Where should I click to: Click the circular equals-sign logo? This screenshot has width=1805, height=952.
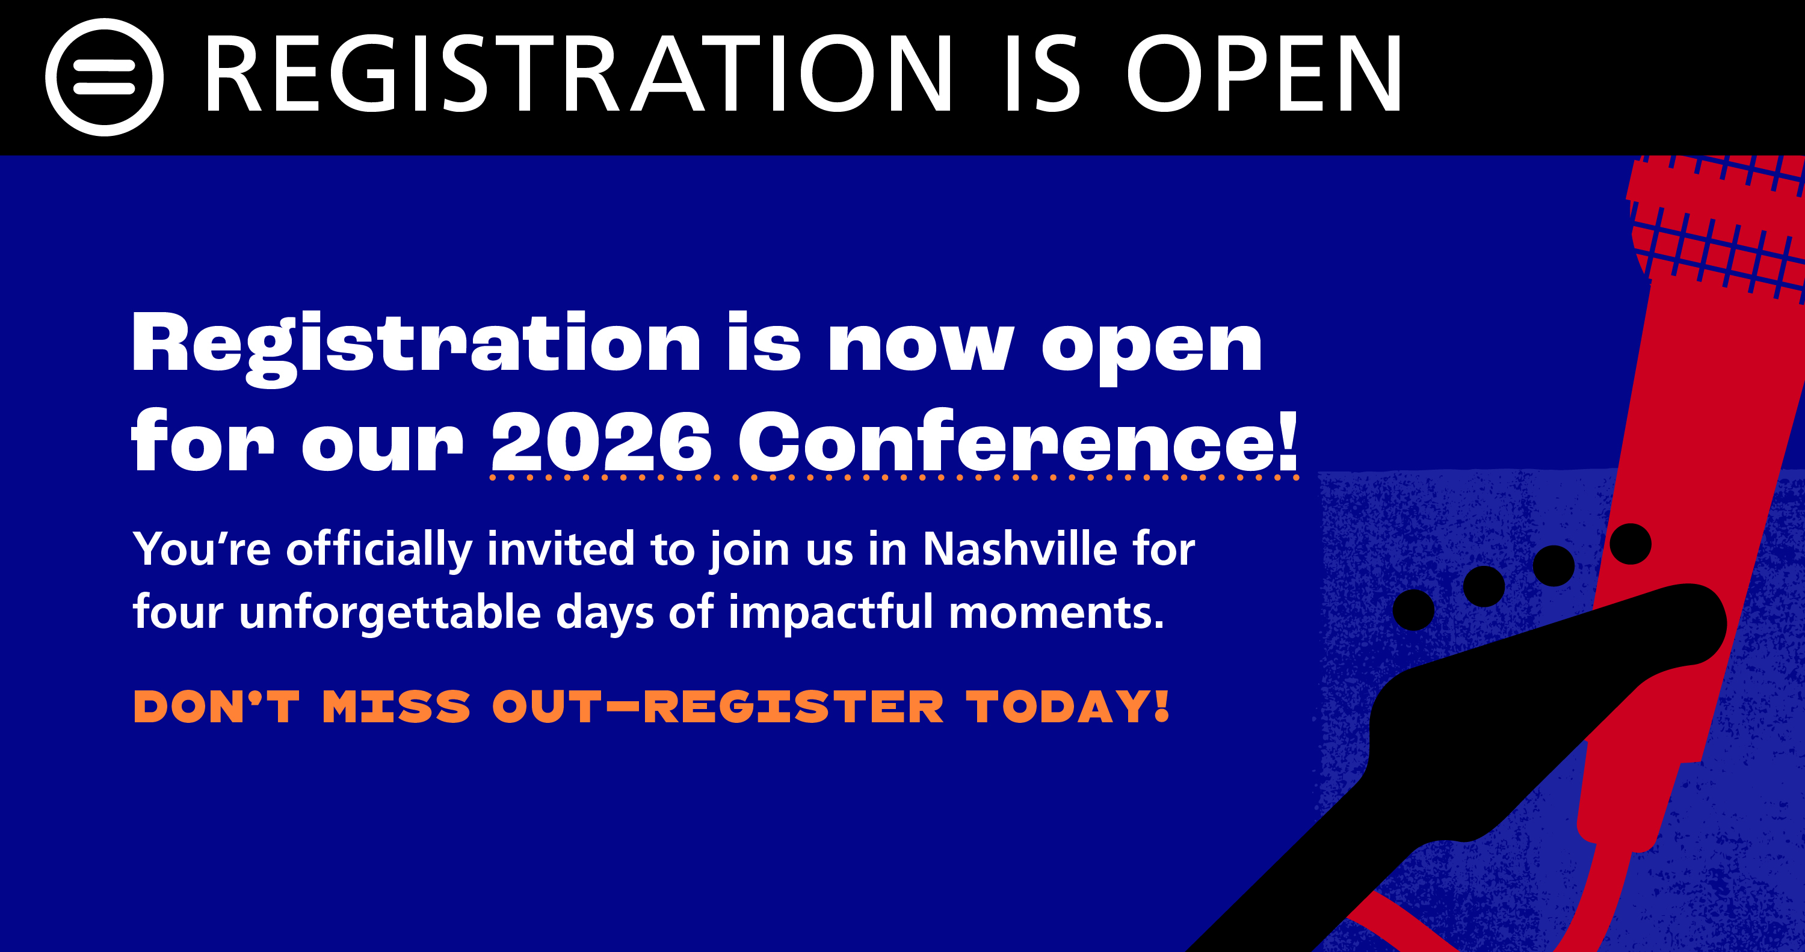click(x=105, y=77)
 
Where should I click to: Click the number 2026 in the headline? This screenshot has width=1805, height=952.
click(x=601, y=441)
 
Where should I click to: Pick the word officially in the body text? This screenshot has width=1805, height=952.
click(x=379, y=550)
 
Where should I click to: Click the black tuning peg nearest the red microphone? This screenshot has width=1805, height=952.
click(x=1631, y=544)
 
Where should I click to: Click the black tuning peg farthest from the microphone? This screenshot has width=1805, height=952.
click(x=1414, y=609)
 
